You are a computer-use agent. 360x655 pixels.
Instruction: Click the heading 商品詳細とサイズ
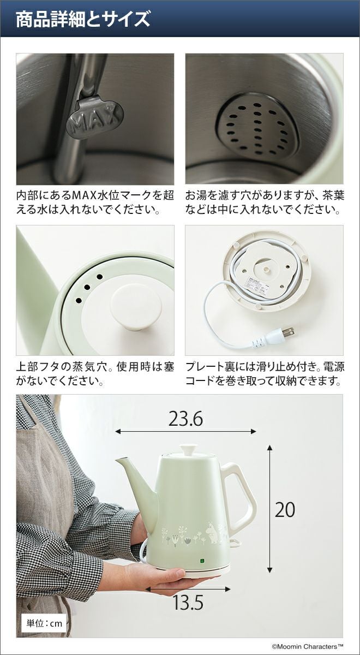83,19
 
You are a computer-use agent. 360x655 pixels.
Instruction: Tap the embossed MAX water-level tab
94,117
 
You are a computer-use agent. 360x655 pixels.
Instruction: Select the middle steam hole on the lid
87,287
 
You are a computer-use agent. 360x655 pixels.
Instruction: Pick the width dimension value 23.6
185,420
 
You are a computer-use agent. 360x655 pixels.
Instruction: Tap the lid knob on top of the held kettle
188,449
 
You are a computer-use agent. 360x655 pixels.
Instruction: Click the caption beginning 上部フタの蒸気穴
95,374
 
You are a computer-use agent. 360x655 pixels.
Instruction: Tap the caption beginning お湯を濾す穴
265,203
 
